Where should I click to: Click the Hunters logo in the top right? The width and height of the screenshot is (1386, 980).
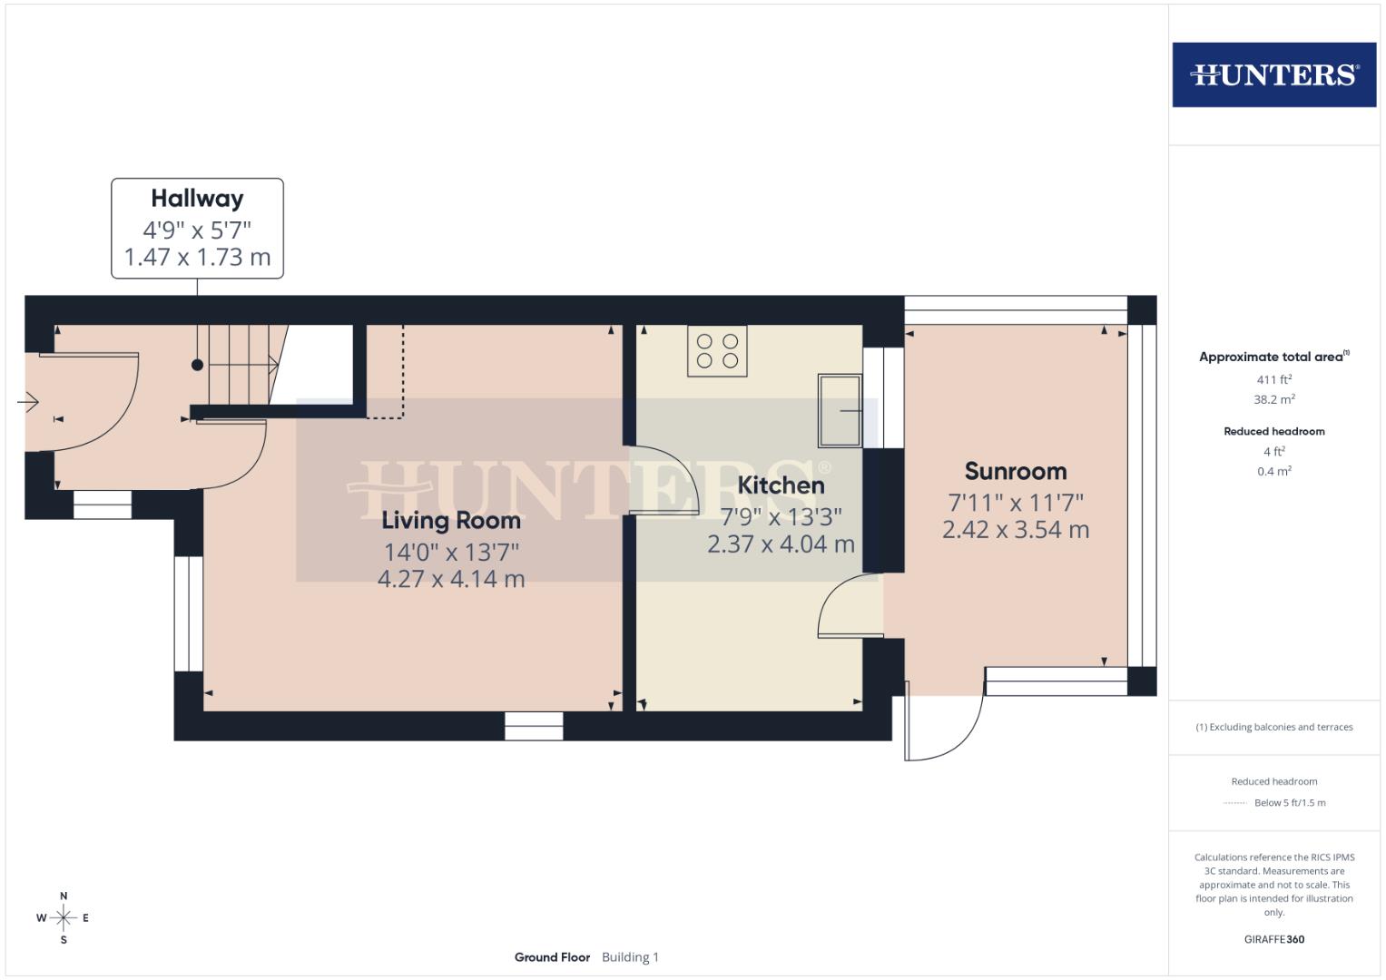[1273, 74]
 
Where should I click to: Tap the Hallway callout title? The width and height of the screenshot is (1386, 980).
[197, 199]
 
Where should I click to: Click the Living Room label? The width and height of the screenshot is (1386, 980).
[451, 521]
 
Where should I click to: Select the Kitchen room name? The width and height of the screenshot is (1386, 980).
[781, 485]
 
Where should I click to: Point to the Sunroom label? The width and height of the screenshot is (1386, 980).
[1015, 472]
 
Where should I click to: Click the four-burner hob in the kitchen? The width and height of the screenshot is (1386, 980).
[717, 351]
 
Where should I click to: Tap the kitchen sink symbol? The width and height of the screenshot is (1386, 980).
[840, 411]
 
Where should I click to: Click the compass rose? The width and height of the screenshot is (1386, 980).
[64, 918]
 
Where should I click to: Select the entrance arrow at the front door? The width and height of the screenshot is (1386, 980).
[28, 401]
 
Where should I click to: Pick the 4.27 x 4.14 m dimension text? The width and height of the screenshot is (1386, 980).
[451, 579]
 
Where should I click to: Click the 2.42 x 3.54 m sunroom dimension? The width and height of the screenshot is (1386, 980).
[1015, 530]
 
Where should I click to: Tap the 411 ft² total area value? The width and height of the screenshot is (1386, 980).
[1273, 379]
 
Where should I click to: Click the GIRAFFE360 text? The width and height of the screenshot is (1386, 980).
[1273, 939]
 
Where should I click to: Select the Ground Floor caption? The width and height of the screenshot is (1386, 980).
[552, 957]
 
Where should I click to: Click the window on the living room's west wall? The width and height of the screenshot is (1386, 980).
[189, 613]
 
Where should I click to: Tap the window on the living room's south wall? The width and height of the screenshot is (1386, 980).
[534, 726]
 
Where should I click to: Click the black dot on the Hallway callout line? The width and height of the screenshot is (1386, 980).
[197, 365]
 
